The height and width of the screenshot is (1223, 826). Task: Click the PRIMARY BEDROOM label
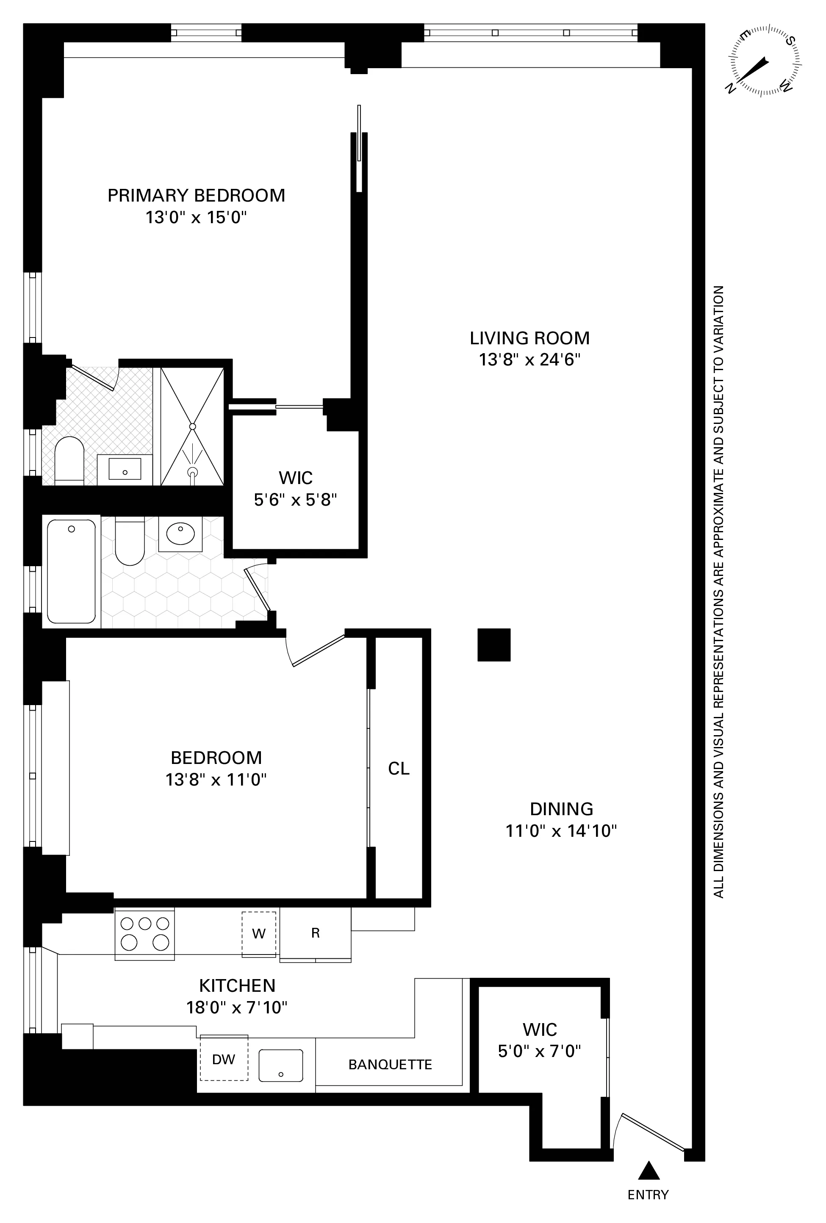tap(196, 195)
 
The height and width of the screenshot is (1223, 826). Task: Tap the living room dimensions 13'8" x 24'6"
tap(529, 360)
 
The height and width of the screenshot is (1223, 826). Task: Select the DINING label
tap(561, 808)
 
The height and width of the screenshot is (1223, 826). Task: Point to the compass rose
tap(763, 60)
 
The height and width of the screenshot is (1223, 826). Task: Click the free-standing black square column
tap(494, 644)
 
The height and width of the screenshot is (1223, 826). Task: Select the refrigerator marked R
tap(315, 933)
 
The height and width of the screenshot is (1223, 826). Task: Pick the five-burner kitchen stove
tap(145, 934)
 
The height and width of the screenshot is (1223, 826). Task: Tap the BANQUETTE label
tap(390, 1065)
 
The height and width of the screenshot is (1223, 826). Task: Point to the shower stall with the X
tap(192, 426)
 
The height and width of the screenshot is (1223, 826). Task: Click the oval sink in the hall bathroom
tap(180, 534)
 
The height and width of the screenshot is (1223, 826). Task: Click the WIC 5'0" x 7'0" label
tap(540, 1039)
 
